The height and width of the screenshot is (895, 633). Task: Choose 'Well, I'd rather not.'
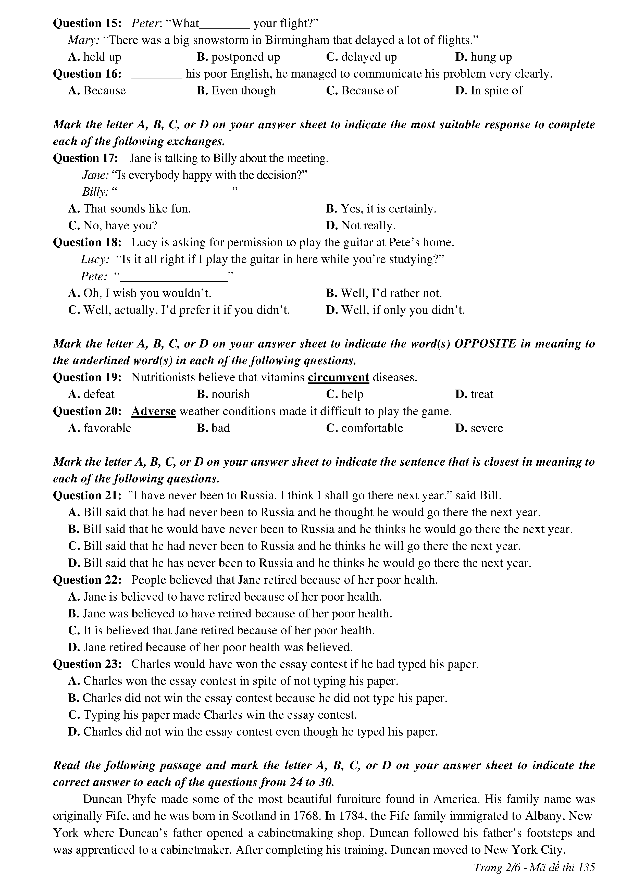(x=391, y=293)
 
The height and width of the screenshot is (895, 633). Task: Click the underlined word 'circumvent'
(x=338, y=377)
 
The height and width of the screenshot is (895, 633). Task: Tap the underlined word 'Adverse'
(x=154, y=411)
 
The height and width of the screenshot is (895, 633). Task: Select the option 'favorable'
(x=107, y=428)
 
